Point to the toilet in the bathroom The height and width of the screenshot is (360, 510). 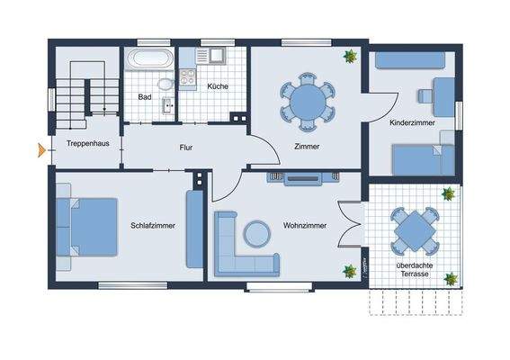point(165,85)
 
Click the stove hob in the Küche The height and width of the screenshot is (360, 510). point(189,78)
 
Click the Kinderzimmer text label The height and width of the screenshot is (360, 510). point(413,121)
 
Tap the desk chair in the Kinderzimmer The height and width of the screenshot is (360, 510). point(424,94)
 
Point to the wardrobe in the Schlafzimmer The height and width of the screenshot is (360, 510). point(194,229)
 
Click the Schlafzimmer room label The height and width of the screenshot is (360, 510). point(152,225)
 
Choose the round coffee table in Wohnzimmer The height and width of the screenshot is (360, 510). point(257,233)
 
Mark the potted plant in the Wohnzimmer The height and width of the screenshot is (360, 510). point(346,270)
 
